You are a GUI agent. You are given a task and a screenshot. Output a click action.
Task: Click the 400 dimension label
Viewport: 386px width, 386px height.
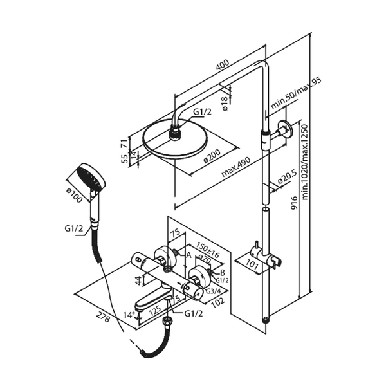[222, 66]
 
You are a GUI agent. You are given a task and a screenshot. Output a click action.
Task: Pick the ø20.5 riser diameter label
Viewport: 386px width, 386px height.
[287, 174]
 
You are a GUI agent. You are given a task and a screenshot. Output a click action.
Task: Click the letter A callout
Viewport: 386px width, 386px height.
[188, 255]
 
